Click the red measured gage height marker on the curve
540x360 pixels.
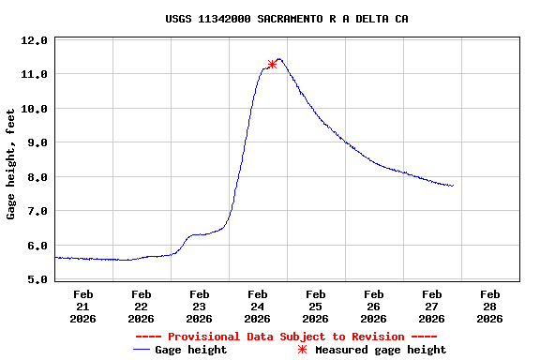coord(272,64)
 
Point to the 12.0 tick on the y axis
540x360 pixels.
coord(35,40)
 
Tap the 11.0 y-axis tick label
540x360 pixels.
coord(35,74)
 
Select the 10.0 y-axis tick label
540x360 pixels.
coord(35,109)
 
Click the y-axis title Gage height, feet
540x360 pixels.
coord(11,163)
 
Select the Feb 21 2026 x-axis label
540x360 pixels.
coord(83,306)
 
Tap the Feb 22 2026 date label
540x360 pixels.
coord(142,306)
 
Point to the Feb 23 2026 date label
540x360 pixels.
coord(200,306)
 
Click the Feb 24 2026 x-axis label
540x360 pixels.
coord(258,306)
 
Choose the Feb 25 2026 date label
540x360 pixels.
coord(316,306)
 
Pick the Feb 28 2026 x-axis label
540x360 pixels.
coord(489,306)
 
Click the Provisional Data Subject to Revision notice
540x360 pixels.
coord(286,336)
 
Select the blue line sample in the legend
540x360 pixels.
coord(142,350)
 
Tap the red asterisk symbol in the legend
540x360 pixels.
coord(302,350)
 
